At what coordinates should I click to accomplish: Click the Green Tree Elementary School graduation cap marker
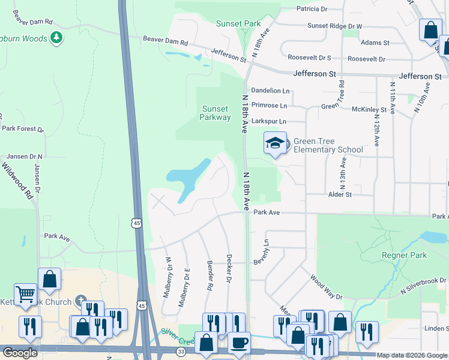pos(276,143)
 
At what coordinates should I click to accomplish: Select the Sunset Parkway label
pos(215,113)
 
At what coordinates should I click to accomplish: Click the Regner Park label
pos(404,255)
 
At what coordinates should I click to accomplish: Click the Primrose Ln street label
pos(269,106)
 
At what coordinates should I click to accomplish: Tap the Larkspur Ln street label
pos(269,121)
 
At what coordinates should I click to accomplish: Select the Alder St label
pos(340,194)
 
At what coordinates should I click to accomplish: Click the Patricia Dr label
pos(312,9)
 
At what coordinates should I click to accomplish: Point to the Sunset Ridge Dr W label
pos(335,26)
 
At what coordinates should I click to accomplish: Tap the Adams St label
pos(375,43)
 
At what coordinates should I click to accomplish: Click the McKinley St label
pos(369,110)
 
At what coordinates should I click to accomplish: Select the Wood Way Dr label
pos(326,288)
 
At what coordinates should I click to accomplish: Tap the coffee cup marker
pos(240,343)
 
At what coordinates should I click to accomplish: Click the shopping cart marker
pos(26,295)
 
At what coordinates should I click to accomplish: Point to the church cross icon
pos(82,302)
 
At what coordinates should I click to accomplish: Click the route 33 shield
pos(181,353)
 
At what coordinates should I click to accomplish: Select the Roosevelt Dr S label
pos(310,58)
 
